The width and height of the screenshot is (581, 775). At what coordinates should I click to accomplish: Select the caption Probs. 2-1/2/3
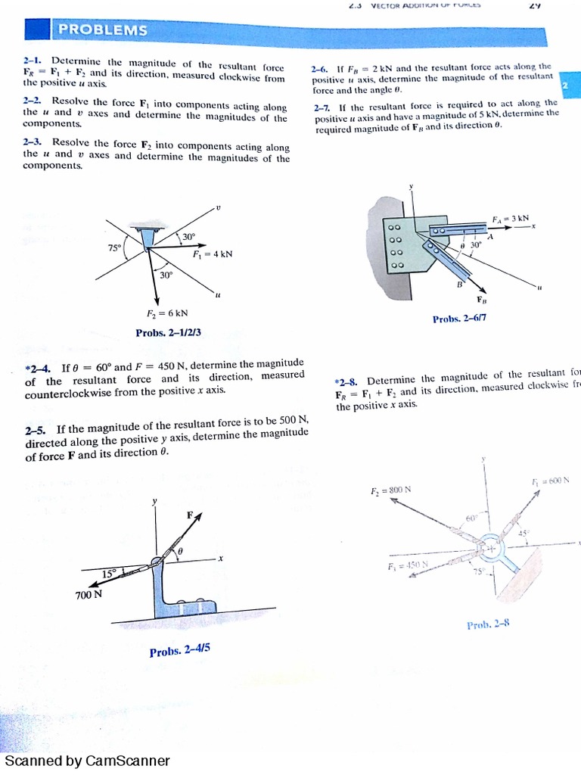click(168, 332)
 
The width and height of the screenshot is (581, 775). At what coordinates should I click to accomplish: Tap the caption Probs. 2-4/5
click(179, 651)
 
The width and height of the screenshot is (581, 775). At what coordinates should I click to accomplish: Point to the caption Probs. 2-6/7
click(459, 319)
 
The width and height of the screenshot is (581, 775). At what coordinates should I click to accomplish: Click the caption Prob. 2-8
click(488, 624)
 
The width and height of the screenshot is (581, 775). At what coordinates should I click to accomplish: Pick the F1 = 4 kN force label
click(212, 254)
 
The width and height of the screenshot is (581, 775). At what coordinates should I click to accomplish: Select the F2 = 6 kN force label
click(167, 313)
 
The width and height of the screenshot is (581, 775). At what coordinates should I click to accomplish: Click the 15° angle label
click(110, 574)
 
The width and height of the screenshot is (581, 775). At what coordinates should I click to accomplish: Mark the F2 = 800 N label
click(391, 490)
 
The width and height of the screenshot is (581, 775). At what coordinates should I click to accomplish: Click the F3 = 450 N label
click(408, 565)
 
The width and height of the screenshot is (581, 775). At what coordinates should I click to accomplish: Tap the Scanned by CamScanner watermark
click(87, 761)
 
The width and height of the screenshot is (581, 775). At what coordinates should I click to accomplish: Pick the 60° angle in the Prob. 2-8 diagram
click(471, 519)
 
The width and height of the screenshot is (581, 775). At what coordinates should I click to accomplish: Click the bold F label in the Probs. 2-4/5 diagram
click(191, 515)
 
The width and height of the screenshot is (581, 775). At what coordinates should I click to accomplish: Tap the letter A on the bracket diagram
click(490, 237)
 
